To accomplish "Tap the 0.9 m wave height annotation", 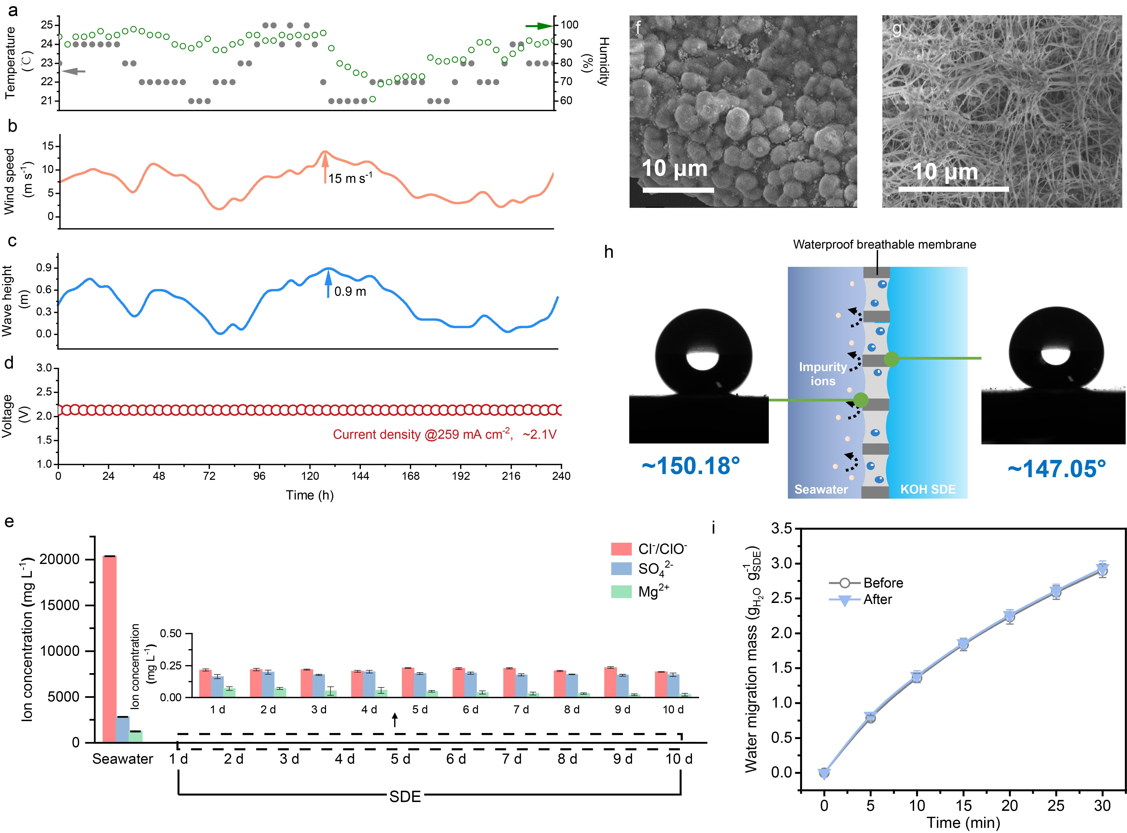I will point(350,291).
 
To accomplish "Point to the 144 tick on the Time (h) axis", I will point(360,476).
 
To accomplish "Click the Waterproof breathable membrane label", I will point(884,245).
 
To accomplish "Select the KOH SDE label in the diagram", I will point(928,489).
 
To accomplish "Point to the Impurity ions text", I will point(823,374).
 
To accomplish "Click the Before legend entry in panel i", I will point(883,583).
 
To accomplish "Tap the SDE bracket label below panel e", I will point(405,797).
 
